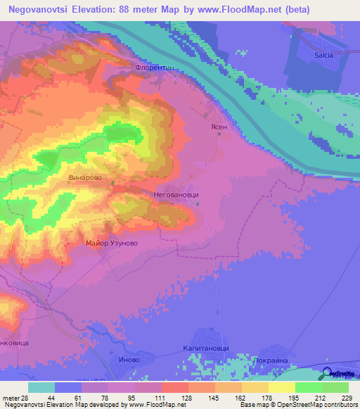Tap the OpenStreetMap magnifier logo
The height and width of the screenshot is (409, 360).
point(328,374)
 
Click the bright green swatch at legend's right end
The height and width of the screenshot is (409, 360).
point(335,387)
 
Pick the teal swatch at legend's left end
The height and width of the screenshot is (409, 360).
point(41,387)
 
